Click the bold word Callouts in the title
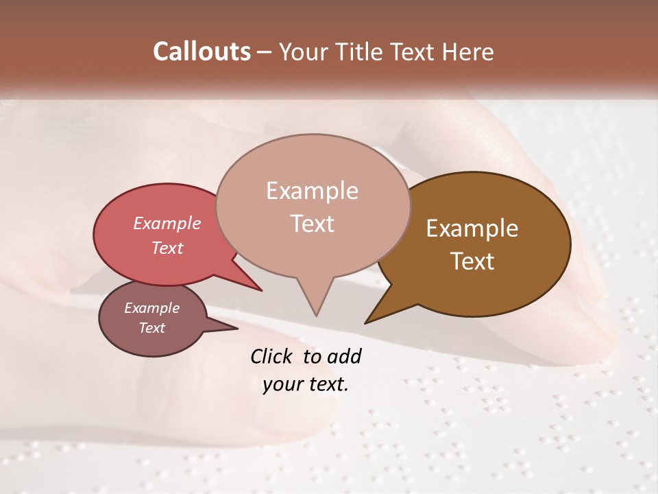tap(202, 51)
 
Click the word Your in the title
tap(304, 51)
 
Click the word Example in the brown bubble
tap(472, 228)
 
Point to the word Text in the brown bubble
tap(473, 261)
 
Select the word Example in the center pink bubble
tap(312, 191)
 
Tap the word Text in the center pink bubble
tap(313, 224)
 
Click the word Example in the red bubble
tap(167, 223)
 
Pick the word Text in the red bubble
tap(167, 248)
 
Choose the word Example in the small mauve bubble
tap(151, 308)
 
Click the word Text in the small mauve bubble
tap(152, 328)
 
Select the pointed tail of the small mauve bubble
tap(233, 328)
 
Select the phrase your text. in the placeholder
tap(305, 384)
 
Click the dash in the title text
tap(265, 52)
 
